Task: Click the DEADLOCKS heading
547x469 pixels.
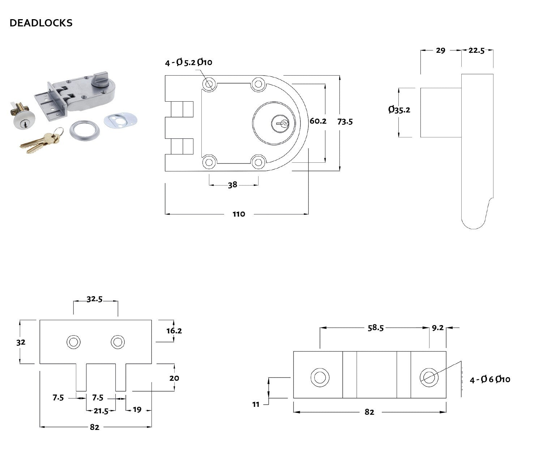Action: coord(41,23)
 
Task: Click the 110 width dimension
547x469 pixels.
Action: coord(239,214)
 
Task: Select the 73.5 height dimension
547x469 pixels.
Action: coord(345,121)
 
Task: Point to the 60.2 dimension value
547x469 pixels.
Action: coord(318,121)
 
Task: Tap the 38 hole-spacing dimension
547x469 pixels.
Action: coord(232,185)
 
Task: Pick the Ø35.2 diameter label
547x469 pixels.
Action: coord(399,110)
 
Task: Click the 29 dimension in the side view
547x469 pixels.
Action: coord(440,51)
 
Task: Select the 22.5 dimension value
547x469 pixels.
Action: coord(476,51)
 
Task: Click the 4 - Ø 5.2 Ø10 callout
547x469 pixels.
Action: coord(189,63)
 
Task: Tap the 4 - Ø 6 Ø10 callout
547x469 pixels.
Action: coord(490,379)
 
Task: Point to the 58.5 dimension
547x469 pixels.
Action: coord(375,328)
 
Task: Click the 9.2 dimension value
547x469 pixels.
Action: coord(437,328)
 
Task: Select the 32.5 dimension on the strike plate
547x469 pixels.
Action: coord(95,299)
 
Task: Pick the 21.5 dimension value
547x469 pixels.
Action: coord(101,410)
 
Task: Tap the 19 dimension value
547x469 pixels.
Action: coord(137,410)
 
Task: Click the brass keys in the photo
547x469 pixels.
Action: coord(40,141)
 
